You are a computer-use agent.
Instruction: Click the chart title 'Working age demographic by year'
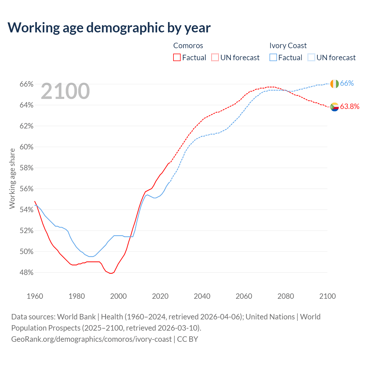(x=109, y=28)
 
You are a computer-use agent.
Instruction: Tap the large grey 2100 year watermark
(x=65, y=91)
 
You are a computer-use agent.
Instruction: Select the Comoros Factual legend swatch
(x=177, y=57)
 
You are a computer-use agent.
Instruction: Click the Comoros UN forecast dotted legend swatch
(x=215, y=57)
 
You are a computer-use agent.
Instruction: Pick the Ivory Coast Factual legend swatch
(x=273, y=57)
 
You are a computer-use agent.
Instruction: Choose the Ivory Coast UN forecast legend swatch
(x=311, y=57)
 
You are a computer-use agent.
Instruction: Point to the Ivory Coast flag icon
(x=334, y=84)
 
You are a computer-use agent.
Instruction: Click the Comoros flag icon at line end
(x=334, y=107)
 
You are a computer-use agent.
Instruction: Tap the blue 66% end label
(x=347, y=83)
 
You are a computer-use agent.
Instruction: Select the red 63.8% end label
(x=350, y=107)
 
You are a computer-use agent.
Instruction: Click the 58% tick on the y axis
(x=26, y=168)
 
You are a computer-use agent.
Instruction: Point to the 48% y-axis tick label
(x=26, y=273)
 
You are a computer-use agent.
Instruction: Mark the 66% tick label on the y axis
(x=26, y=84)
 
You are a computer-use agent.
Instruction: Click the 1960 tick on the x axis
(x=35, y=296)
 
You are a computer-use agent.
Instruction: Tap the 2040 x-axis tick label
(x=202, y=296)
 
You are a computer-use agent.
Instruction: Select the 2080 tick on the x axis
(x=286, y=296)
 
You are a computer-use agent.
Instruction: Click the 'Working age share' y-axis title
(x=12, y=178)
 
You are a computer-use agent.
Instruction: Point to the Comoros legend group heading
(x=188, y=46)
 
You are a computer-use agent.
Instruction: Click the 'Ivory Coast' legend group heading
(x=288, y=46)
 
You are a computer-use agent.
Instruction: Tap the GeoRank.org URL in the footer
(x=91, y=339)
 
